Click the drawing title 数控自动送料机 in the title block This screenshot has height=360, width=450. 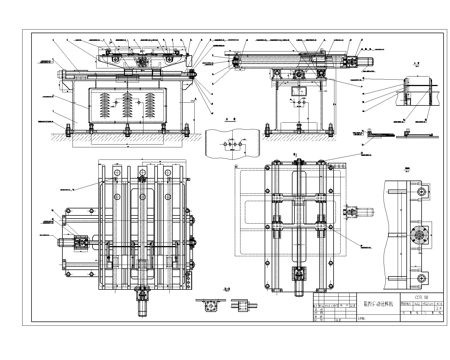click(x=378, y=304)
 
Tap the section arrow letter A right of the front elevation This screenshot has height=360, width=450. click(x=195, y=99)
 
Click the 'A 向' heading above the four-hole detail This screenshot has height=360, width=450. click(x=231, y=119)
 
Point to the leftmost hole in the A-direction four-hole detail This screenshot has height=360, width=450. click(x=225, y=144)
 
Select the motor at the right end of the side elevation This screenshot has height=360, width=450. click(x=365, y=61)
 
